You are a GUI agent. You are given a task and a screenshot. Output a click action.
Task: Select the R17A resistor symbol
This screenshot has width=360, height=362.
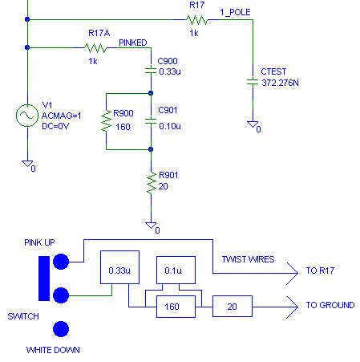click(x=95, y=48)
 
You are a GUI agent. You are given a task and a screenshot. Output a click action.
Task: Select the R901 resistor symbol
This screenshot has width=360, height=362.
click(x=150, y=185)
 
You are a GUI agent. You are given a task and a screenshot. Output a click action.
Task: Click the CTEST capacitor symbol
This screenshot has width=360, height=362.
click(x=253, y=81)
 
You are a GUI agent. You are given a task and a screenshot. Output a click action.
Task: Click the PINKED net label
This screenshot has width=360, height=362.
click(x=132, y=43)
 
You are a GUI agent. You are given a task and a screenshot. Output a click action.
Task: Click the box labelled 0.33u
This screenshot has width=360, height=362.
click(x=115, y=271)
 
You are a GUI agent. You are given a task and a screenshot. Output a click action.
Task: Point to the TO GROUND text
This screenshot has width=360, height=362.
click(x=330, y=306)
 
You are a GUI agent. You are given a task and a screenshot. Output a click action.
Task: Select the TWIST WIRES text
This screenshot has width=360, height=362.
click(x=248, y=259)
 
